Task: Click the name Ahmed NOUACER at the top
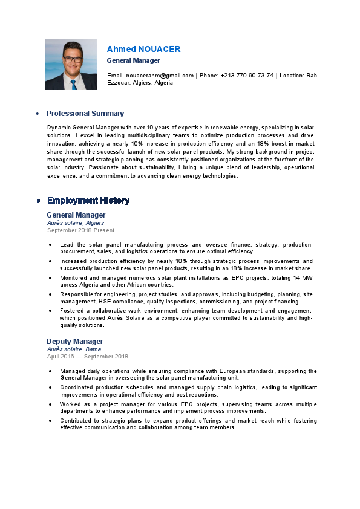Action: pyautogui.click(x=143, y=49)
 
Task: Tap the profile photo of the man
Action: pyautogui.click(x=71, y=64)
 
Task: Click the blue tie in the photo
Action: pyautogui.click(x=73, y=85)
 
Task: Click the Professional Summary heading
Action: pyautogui.click(x=85, y=114)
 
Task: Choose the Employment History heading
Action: pyautogui.click(x=88, y=201)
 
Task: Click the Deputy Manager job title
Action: pyautogui.click(x=75, y=342)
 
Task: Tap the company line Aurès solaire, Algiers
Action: pyautogui.click(x=76, y=223)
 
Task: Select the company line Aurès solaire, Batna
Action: pyautogui.click(x=74, y=349)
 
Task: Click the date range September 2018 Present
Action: pyautogui.click(x=80, y=230)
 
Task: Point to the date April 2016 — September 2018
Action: pyautogui.click(x=88, y=357)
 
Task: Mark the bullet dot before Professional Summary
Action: pyautogui.click(x=38, y=114)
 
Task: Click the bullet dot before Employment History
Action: pyautogui.click(x=38, y=201)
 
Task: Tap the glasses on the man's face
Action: pyautogui.click(x=72, y=59)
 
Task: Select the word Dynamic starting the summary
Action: pyautogui.click(x=59, y=128)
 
